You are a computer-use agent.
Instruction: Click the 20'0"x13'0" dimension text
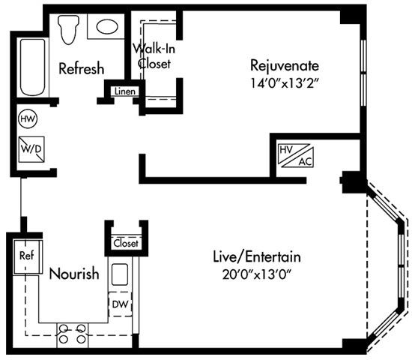click(x=251, y=274)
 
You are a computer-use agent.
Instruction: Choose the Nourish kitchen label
click(x=73, y=274)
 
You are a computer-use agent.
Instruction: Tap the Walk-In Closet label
click(x=154, y=56)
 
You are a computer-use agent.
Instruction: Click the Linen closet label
click(x=123, y=91)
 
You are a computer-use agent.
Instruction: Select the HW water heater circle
click(x=27, y=118)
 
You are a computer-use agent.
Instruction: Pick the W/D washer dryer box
click(x=30, y=147)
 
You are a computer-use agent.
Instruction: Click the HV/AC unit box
click(x=295, y=155)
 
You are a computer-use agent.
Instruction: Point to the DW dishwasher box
click(x=120, y=304)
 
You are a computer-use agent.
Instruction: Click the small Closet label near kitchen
click(x=125, y=243)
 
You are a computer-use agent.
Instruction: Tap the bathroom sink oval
click(x=107, y=27)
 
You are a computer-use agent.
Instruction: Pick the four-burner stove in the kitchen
click(x=72, y=333)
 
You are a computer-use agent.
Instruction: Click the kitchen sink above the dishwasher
click(x=120, y=274)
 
